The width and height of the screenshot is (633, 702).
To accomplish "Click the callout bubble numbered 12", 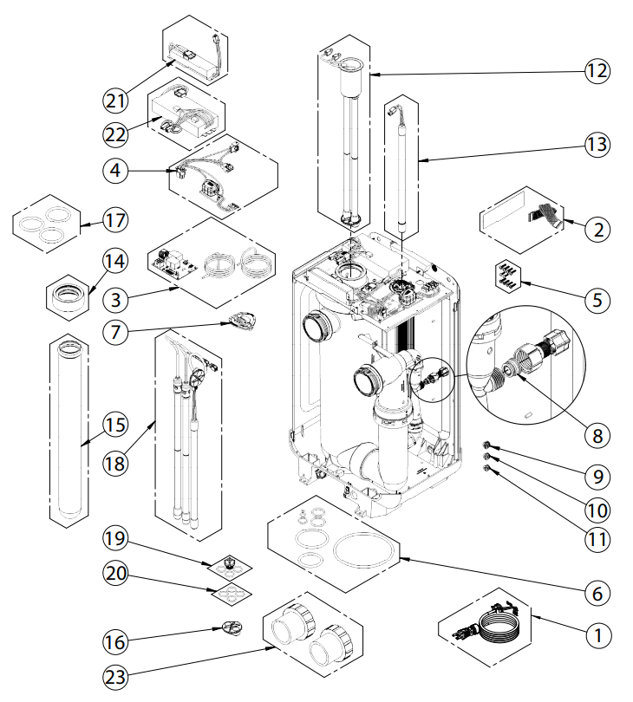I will (596, 68).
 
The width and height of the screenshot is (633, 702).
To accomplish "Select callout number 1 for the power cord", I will (595, 634).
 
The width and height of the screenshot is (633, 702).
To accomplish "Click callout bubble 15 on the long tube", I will (115, 425).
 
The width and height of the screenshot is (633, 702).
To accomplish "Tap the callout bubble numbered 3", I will (116, 300).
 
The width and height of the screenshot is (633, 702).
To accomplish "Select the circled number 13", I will (596, 143).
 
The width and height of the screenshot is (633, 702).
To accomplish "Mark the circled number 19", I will (116, 539).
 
